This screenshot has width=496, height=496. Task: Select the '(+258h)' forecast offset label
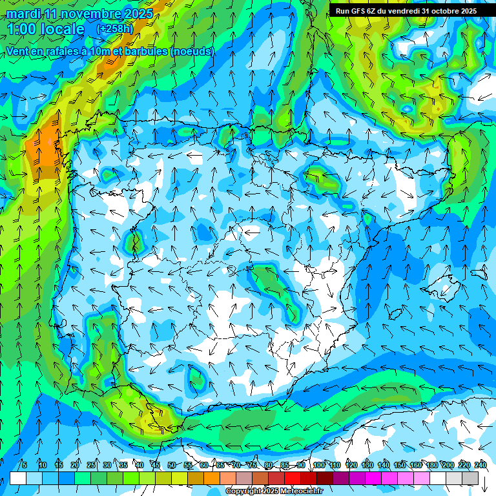(x=115, y=29)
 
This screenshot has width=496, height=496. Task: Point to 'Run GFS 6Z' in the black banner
(x=356, y=11)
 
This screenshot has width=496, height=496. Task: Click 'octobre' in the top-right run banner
(x=442, y=11)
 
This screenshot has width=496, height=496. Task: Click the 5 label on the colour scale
(x=25, y=466)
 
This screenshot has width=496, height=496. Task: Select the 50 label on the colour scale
(x=171, y=466)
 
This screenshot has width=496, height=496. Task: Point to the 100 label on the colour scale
(x=319, y=466)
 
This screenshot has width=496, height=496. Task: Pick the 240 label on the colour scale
(x=480, y=466)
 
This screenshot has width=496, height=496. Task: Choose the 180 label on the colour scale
(x=432, y=466)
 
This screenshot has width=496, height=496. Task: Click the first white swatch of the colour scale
(x=18, y=478)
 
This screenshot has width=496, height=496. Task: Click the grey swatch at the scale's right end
(x=470, y=478)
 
